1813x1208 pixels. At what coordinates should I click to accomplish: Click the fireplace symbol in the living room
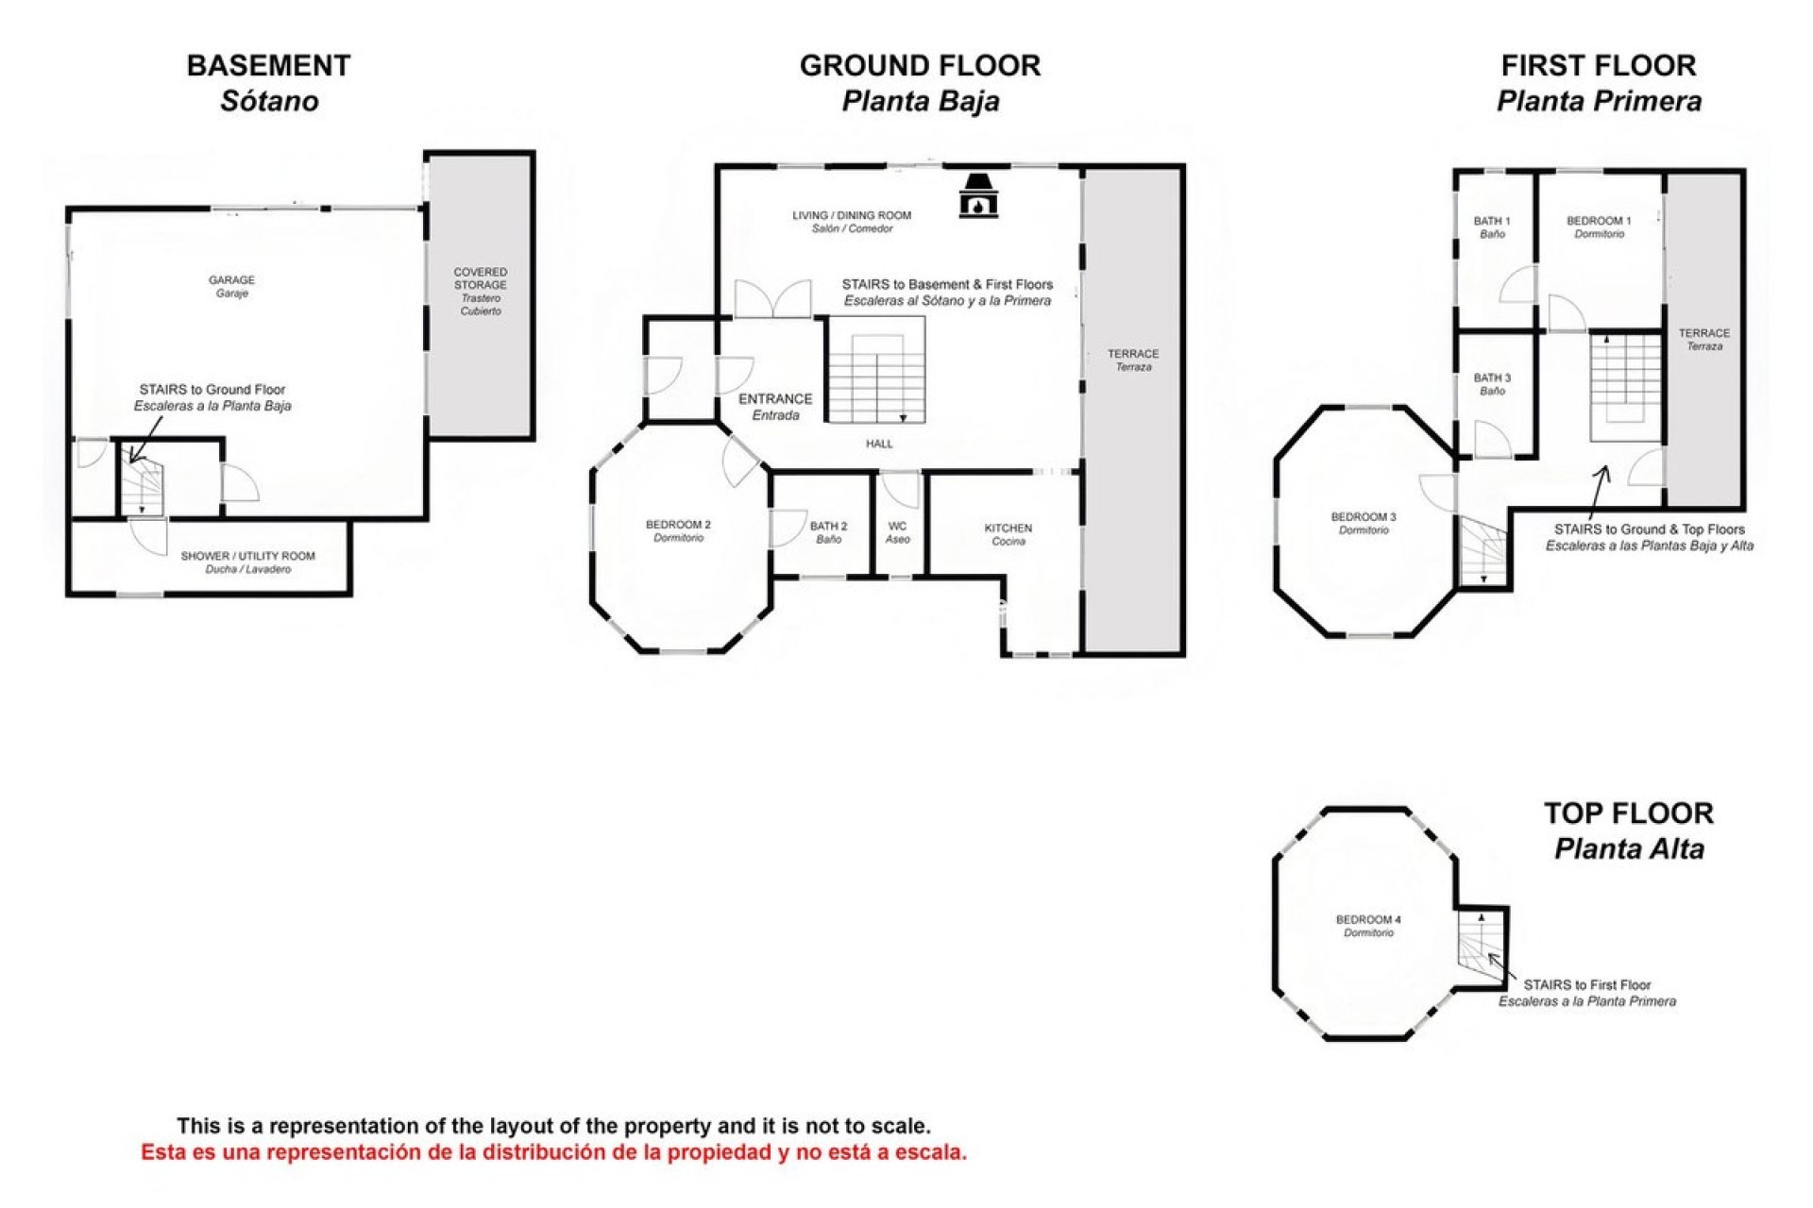pos(978,196)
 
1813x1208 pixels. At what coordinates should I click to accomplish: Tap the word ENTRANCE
pos(775,399)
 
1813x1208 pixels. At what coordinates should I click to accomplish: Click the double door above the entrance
pos(772,298)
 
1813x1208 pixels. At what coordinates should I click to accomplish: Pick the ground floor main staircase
pos(876,370)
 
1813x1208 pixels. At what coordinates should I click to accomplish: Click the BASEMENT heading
pos(269,66)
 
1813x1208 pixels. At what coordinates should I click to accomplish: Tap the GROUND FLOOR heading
pos(920,66)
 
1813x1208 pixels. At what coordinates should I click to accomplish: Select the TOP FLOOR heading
pos(1629,814)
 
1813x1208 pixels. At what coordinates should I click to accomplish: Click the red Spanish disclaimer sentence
pos(554,1152)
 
